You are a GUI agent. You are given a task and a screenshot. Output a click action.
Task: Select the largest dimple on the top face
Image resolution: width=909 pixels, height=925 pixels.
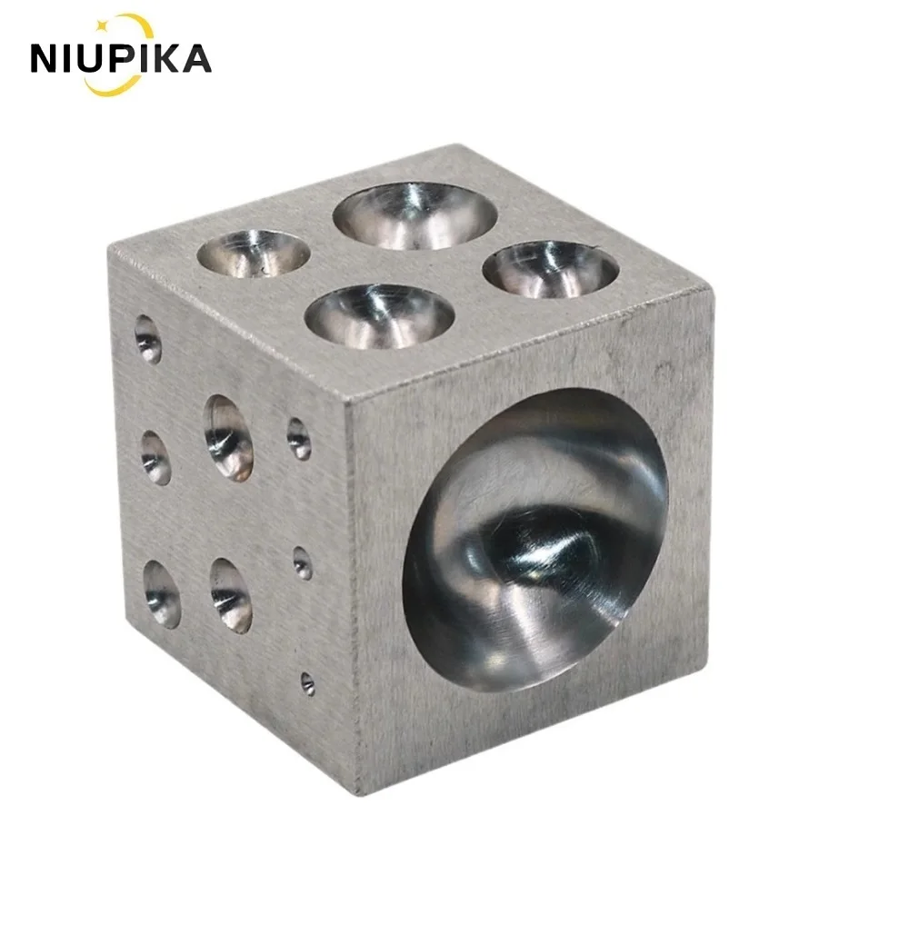coord(415,215)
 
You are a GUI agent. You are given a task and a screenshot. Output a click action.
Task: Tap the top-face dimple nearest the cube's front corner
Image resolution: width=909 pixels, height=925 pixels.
coord(379,316)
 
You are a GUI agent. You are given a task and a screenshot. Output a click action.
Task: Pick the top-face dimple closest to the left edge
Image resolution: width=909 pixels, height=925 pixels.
coord(254,252)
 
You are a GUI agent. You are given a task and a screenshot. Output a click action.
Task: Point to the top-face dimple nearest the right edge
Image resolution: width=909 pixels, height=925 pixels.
coord(551,269)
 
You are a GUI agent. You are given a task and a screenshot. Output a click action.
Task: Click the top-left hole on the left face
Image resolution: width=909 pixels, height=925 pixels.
coord(148,340)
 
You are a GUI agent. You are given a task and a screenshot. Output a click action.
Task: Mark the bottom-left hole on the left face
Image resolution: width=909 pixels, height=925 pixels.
coord(162,593)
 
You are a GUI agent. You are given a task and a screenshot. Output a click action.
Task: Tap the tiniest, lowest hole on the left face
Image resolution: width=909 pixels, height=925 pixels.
coord(307,683)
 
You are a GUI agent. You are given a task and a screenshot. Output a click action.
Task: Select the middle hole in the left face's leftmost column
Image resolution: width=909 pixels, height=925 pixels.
coord(155,456)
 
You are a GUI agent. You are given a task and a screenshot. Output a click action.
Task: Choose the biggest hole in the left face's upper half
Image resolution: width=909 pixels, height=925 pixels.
coord(228,437)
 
